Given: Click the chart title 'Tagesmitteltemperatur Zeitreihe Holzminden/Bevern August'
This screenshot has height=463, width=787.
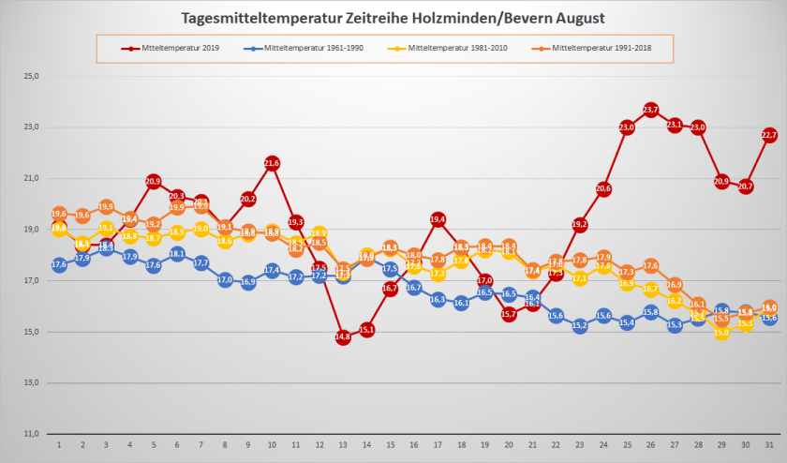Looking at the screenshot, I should tap(393, 18).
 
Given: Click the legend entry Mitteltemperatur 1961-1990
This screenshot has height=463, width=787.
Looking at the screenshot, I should tap(310, 47).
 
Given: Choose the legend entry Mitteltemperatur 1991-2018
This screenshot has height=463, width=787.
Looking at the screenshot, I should tap(594, 47).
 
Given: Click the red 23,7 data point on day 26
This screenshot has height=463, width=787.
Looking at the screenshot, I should tap(651, 111).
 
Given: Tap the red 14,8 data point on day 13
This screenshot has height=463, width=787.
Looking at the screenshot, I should tap(343, 336).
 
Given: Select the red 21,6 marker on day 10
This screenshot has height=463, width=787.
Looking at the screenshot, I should tap(272, 163).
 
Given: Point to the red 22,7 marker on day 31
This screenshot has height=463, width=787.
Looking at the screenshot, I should tap(769, 135).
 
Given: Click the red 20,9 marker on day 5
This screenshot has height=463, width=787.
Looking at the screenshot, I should tap(154, 181).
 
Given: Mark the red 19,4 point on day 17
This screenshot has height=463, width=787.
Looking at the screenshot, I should tap(438, 219).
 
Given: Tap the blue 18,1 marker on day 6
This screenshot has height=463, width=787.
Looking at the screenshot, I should tap(177, 253).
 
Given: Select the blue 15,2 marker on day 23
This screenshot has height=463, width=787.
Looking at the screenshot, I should tap(580, 326).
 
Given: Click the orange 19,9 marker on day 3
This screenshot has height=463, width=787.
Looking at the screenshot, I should tap(106, 206).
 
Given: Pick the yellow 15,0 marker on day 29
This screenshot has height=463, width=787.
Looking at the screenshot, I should tap(721, 332).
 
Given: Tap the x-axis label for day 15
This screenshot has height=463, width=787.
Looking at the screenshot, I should tap(391, 446).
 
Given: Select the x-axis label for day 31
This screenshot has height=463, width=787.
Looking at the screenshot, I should tap(769, 446).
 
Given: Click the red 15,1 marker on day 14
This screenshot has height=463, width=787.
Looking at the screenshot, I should tap(366, 330).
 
